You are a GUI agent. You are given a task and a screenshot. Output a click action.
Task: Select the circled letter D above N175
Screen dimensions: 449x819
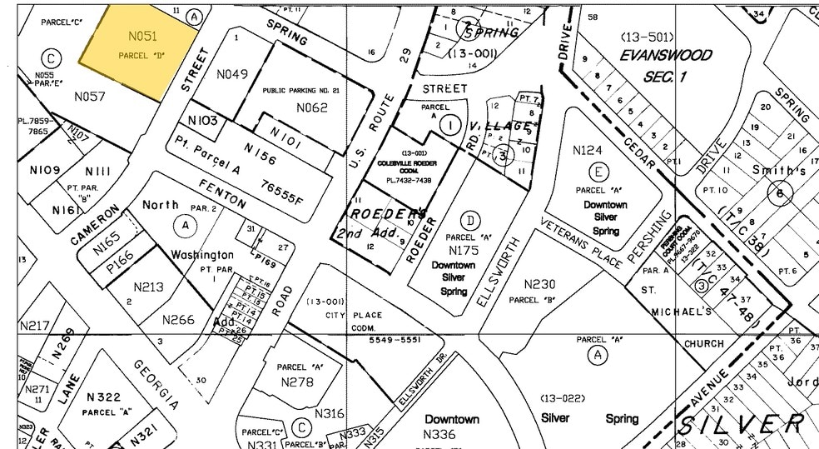(x=471, y=220)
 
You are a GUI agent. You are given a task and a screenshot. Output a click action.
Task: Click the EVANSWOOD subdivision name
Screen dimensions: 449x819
(x=666, y=56)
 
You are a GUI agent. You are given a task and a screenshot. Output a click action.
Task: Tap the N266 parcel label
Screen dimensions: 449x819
(x=178, y=319)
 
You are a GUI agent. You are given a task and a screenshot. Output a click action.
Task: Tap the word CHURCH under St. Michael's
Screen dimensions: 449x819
(x=704, y=343)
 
